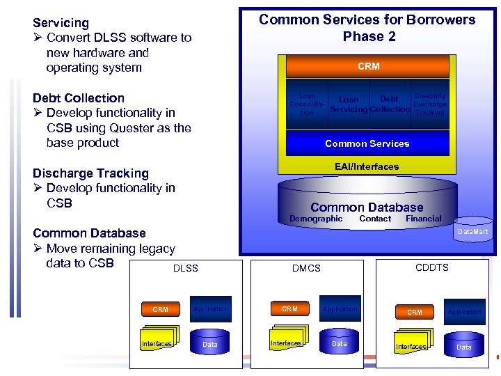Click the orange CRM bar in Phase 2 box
pos(368,67)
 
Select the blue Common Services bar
pos(367,143)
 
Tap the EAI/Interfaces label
pos(367,166)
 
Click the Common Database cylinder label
pos(367,207)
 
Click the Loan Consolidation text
pos(306,104)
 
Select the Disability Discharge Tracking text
pos(429,104)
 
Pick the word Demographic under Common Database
pos(316,219)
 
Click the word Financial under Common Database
pos(423,219)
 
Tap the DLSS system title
pos(185,268)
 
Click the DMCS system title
pos(306,268)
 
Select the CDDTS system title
pos(431,267)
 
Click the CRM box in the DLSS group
pos(160,309)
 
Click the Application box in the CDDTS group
pos(464,312)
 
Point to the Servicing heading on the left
pos(61,23)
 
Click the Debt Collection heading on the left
pos(79,98)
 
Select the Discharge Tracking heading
pos(90,173)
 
